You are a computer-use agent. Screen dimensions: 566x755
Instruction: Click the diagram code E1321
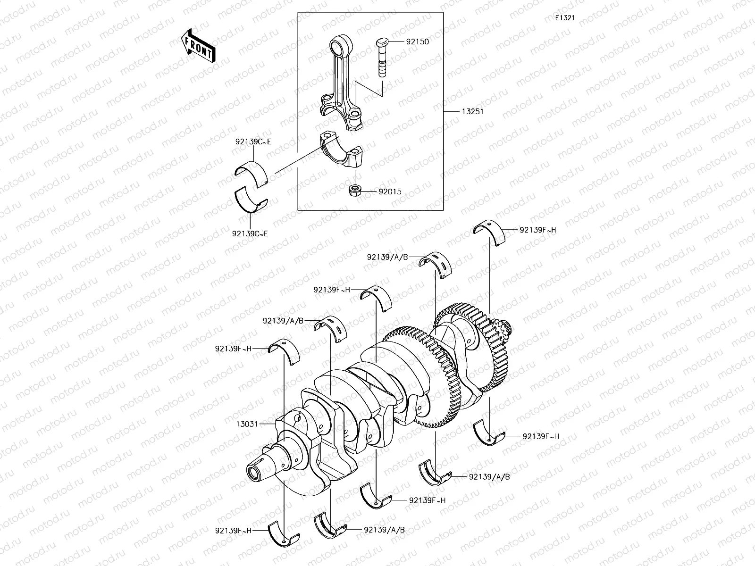pos(564,18)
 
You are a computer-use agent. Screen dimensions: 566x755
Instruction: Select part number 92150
pos(417,42)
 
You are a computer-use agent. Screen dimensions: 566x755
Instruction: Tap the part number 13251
pos(472,112)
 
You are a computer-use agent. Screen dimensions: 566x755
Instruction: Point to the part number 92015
pos(390,192)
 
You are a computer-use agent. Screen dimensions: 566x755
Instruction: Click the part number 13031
pos(247,424)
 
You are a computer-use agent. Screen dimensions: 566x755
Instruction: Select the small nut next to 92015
pos(354,191)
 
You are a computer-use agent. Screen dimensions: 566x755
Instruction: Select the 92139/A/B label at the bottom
pos(384,530)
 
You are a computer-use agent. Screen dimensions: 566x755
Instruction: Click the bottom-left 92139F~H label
pos(233,530)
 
